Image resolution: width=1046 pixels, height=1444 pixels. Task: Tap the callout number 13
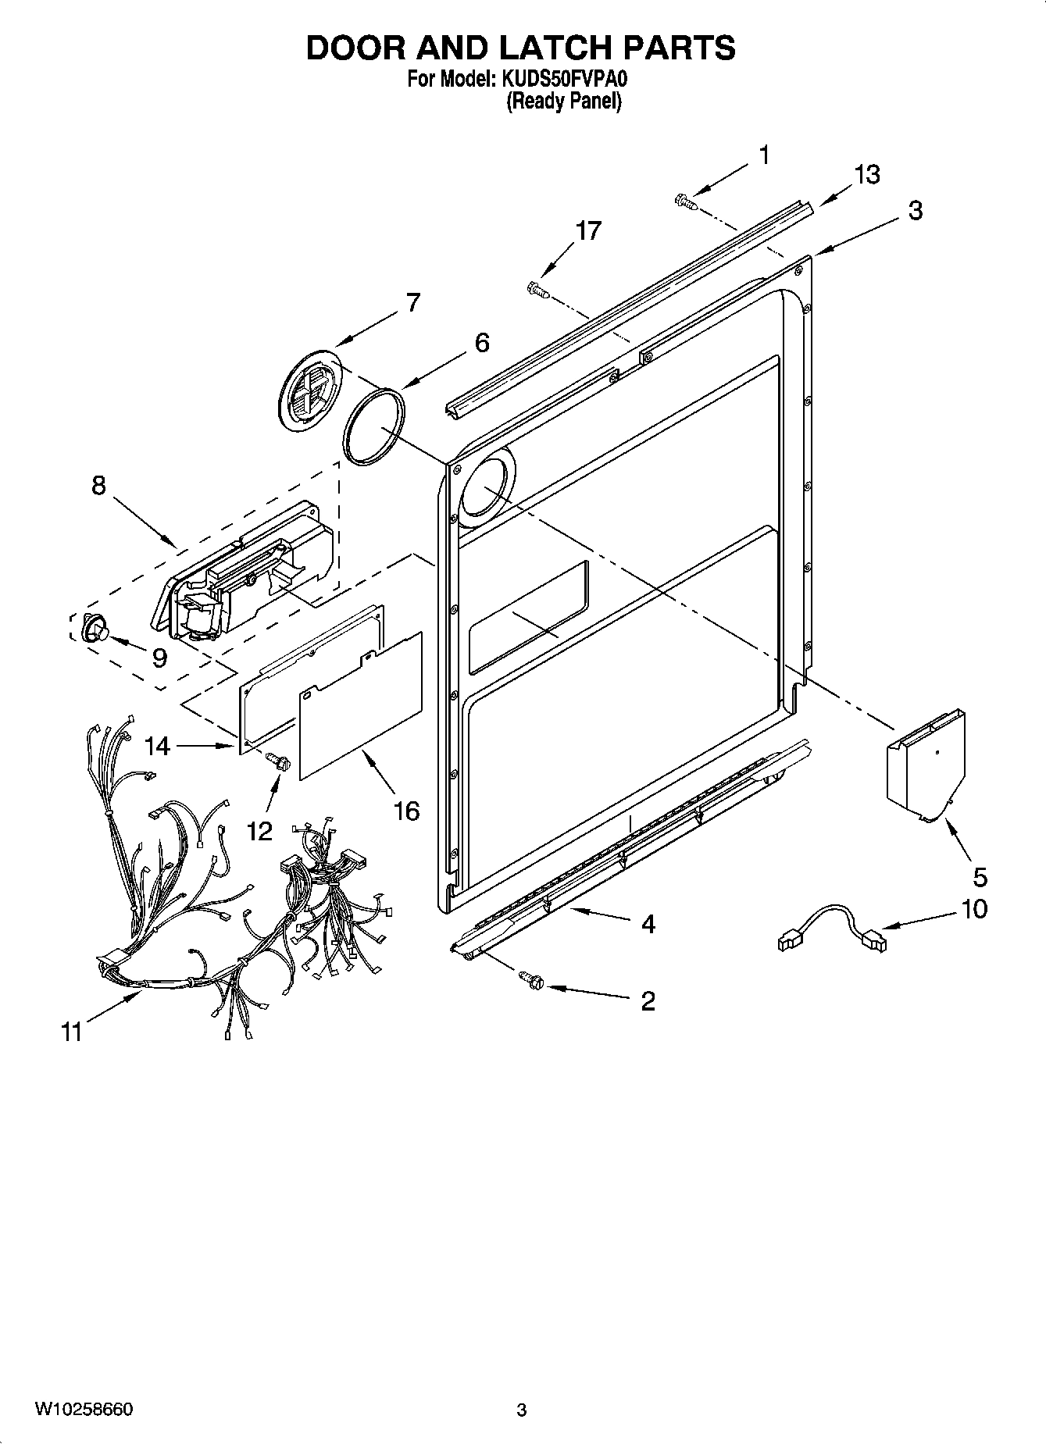pyautogui.click(x=866, y=174)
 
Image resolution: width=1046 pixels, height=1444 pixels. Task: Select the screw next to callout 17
pyautogui.click(x=538, y=290)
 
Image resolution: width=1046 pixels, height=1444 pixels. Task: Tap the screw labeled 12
pyautogui.click(x=278, y=760)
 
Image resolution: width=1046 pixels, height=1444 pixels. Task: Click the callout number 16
pyautogui.click(x=407, y=811)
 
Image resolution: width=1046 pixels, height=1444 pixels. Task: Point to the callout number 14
pyautogui.click(x=157, y=746)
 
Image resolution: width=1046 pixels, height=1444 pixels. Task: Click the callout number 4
pyautogui.click(x=648, y=924)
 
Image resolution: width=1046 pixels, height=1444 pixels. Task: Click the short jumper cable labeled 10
pyautogui.click(x=833, y=927)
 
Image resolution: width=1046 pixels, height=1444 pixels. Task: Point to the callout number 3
pyautogui.click(x=915, y=210)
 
